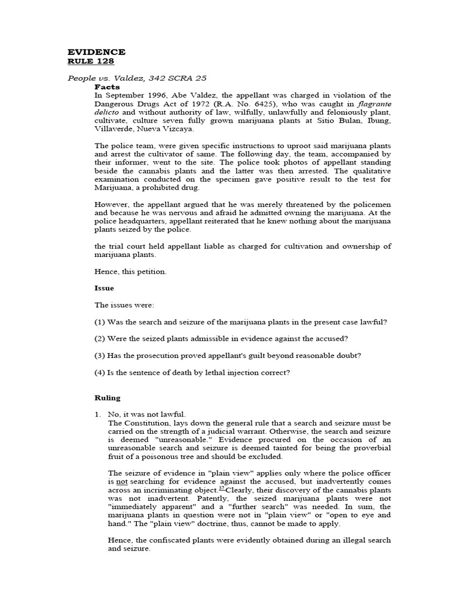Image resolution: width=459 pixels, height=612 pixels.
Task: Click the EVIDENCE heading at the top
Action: (x=96, y=52)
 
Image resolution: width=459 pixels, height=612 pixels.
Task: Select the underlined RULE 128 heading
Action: (x=90, y=61)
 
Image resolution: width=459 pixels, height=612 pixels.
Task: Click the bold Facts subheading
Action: (x=107, y=87)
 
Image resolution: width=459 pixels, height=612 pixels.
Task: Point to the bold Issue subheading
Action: (x=104, y=288)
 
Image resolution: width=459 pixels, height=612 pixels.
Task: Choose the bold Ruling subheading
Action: (x=108, y=397)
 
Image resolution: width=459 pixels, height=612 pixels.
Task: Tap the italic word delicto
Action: (x=108, y=112)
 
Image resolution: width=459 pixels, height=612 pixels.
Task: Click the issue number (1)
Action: (x=100, y=322)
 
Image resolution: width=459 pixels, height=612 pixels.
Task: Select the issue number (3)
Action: (x=100, y=356)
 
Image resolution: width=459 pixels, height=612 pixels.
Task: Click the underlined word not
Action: (x=122, y=481)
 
